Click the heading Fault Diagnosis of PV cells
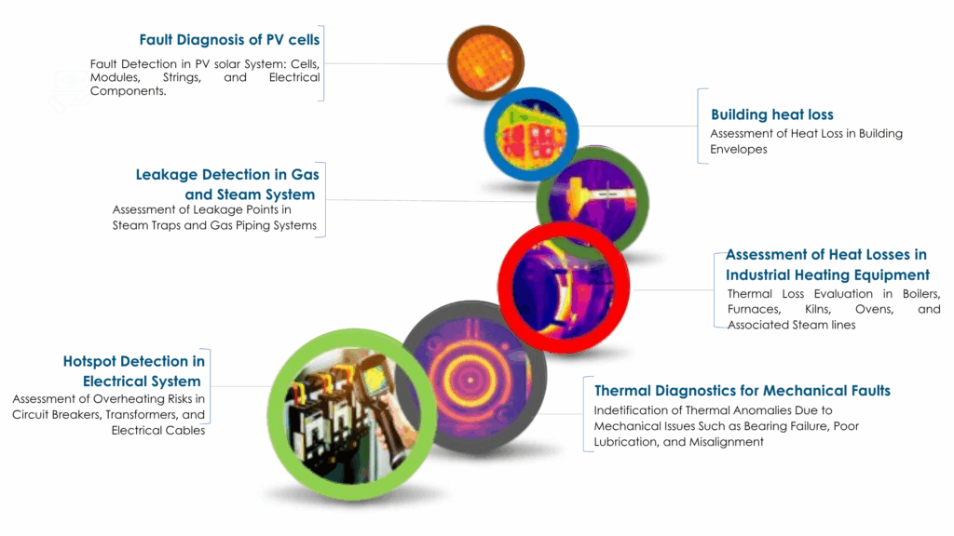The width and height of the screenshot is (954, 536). click(229, 39)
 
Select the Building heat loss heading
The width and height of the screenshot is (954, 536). click(758, 114)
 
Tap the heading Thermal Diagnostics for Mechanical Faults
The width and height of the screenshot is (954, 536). click(742, 391)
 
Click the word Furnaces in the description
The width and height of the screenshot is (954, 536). click(753, 309)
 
